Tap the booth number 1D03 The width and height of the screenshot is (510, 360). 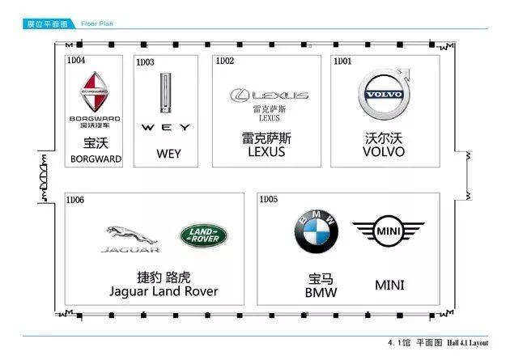[145, 61]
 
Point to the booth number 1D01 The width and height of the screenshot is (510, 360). [342, 61]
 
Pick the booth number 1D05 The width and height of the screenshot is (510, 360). [268, 199]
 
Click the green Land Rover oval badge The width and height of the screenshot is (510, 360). [203, 235]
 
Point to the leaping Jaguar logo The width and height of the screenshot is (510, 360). [130, 238]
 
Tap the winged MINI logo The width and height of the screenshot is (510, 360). [388, 233]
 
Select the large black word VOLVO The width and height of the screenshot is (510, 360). [384, 151]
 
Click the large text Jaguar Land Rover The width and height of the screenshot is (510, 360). [164, 291]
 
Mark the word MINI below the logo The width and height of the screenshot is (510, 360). [389, 286]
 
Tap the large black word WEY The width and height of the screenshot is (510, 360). [168, 153]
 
